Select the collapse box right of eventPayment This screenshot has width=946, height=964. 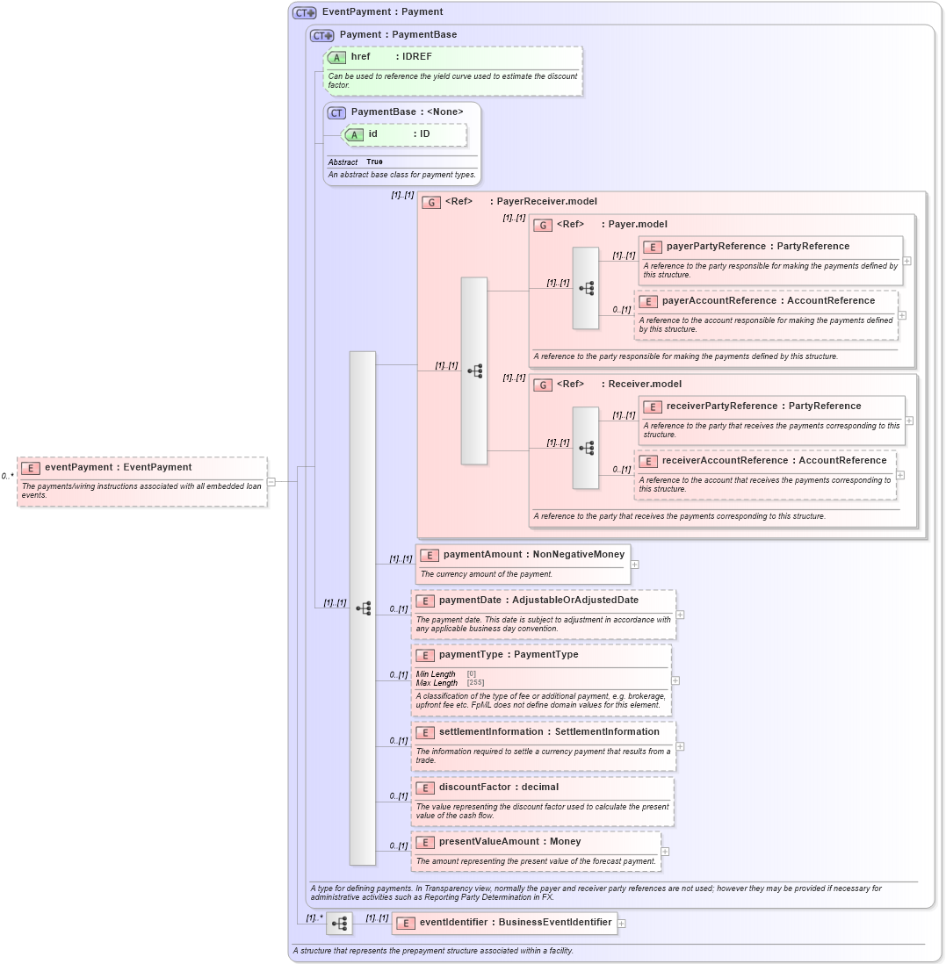click(271, 481)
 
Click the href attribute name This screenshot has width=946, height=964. click(360, 56)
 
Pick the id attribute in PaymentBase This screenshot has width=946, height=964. click(372, 133)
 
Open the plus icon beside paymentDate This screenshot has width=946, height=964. click(680, 615)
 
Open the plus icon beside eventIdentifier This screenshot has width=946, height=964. click(621, 923)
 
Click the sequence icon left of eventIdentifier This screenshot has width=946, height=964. click(340, 924)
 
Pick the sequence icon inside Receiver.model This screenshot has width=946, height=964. click(586, 448)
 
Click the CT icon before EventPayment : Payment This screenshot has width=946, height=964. click(304, 12)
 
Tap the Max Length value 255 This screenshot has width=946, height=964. click(475, 682)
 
